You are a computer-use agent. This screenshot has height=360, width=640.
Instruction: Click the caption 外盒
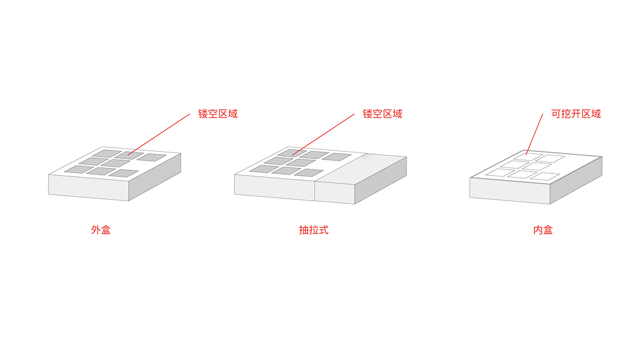tap(101, 230)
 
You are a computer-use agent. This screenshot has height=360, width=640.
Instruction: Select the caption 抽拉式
tap(314, 230)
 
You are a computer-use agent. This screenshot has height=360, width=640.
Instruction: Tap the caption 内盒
tap(543, 230)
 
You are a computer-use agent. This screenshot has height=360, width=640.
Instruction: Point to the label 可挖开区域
tap(576, 114)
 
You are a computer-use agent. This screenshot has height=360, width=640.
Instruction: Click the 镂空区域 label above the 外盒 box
tap(218, 114)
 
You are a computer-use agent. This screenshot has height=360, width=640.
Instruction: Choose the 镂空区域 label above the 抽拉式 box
tap(382, 114)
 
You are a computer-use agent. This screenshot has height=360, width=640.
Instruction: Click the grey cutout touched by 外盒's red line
tap(130, 155)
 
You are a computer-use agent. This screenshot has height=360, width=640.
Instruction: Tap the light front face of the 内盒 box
tap(509, 190)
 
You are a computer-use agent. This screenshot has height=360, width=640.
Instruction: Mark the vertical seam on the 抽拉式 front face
tap(315, 191)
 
